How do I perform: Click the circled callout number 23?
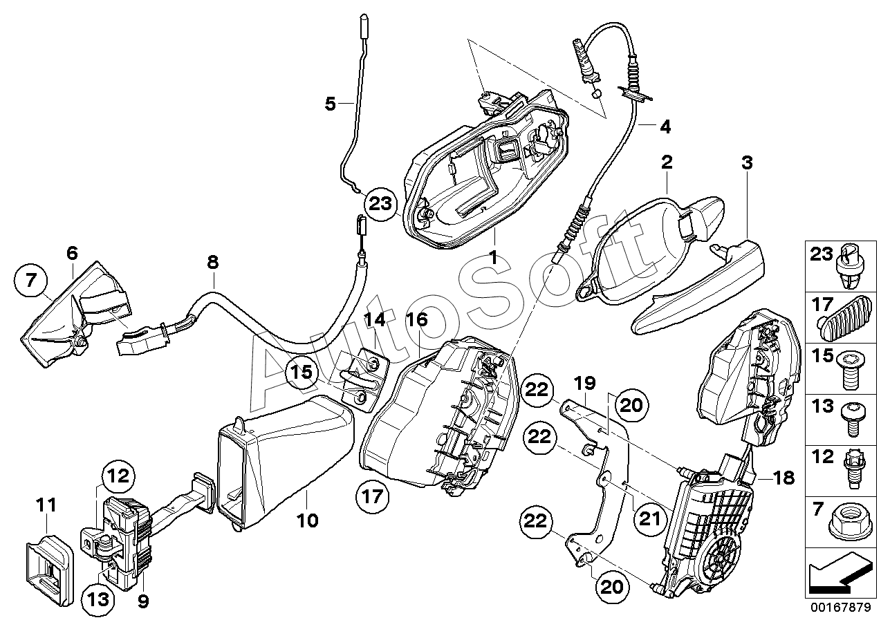[x=380, y=204]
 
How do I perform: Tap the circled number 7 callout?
[x=30, y=281]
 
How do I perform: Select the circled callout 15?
[x=302, y=373]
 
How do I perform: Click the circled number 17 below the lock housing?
[x=373, y=496]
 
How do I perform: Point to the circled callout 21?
[x=651, y=518]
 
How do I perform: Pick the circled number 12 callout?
[x=118, y=476]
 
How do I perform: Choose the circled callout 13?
[x=98, y=599]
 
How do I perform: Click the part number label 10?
[x=308, y=520]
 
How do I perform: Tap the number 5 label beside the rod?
[x=330, y=104]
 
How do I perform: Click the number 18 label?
[x=784, y=478]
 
